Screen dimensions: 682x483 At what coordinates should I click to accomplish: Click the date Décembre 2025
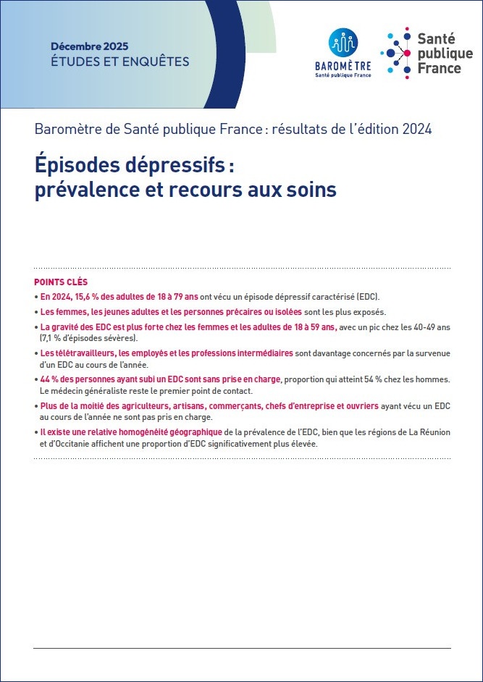90,46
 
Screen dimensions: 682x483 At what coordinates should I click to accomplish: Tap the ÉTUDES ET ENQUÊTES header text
119,62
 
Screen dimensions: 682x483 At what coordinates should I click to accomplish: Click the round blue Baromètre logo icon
343,44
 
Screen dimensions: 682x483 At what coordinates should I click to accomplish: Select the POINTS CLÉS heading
61,282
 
